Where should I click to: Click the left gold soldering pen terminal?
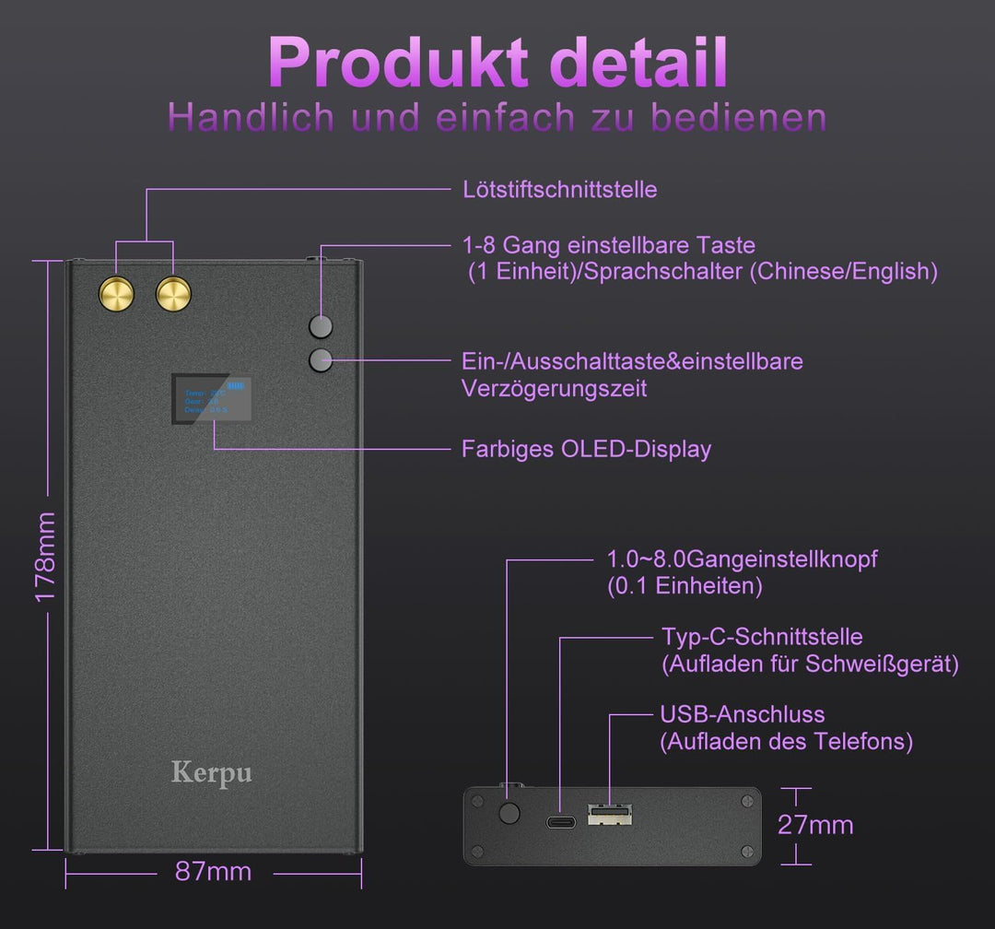tap(117, 295)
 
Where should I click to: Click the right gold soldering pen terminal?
tap(173, 295)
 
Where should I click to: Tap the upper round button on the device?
tap(321, 326)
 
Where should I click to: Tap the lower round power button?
tap(321, 360)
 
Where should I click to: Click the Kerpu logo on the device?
tap(211, 771)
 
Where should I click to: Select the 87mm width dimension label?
tap(213, 871)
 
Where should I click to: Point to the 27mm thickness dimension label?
tap(815, 825)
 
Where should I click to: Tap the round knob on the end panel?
tap(508, 813)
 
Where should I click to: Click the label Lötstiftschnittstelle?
tap(559, 190)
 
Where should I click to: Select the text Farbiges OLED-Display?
tap(586, 450)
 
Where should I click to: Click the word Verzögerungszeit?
tap(554, 389)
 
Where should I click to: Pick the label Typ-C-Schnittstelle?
tap(762, 637)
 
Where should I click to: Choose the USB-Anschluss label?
tap(742, 714)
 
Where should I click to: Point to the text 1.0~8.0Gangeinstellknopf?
tap(742, 559)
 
